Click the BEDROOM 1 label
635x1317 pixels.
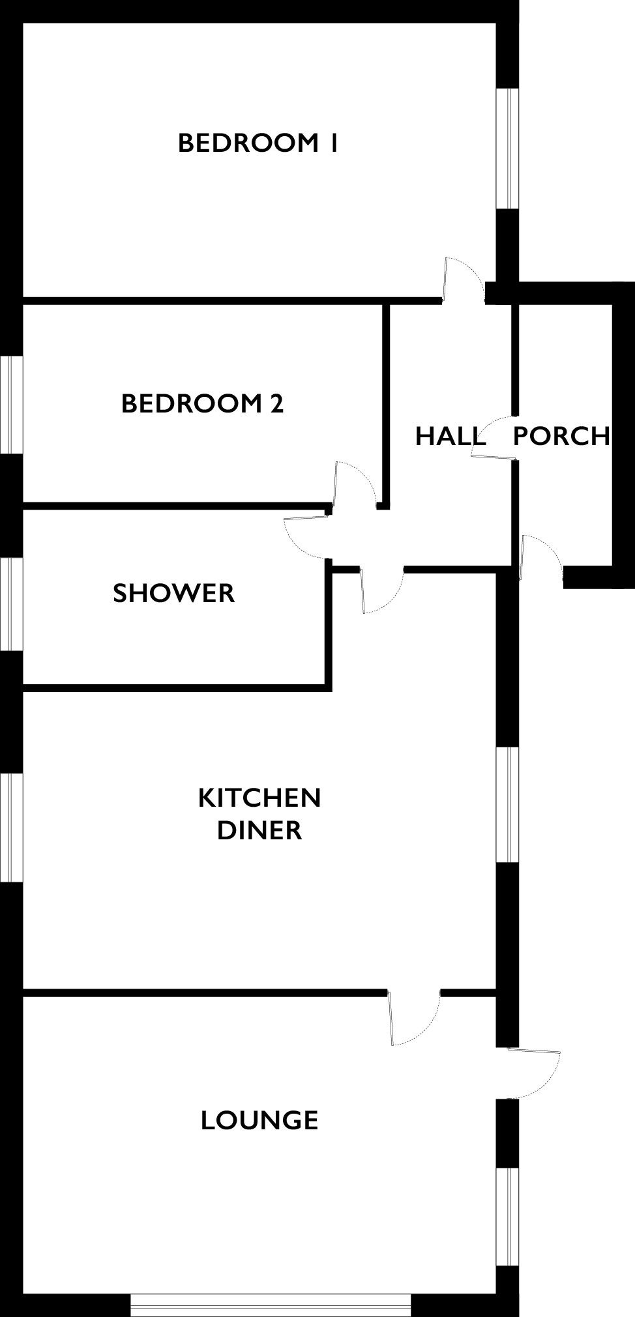258,143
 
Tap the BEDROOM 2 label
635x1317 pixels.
202,403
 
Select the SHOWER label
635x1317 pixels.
173,593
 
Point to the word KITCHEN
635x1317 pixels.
259,798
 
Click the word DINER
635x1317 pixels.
259,830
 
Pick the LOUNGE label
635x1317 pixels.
259,1120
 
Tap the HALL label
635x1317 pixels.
450,436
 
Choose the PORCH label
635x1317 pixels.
561,436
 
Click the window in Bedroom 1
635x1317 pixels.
508,149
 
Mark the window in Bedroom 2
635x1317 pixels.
11,404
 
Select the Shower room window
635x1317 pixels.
11,604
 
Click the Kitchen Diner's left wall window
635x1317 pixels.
11,828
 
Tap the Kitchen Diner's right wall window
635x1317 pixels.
508,805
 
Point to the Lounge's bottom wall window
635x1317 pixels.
271,1306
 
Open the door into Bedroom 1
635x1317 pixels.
464,280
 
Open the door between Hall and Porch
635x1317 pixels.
493,437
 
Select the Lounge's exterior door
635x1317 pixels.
534,1073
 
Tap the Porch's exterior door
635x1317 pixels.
541,557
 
